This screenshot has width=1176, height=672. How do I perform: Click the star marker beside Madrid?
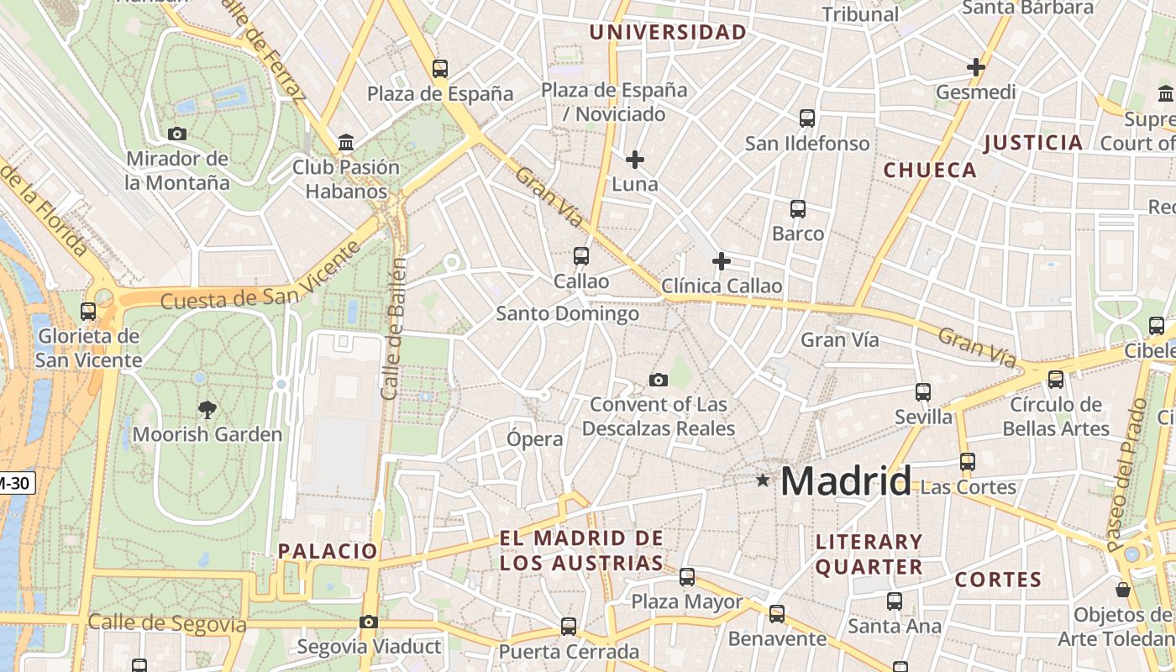[763, 480]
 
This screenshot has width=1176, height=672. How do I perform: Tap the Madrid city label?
[845, 481]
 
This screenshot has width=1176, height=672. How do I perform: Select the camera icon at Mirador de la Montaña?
[177, 134]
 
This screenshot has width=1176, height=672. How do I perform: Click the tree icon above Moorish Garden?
[207, 410]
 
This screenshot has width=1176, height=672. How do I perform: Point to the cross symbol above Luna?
[635, 159]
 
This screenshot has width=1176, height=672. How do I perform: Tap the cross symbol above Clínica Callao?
[721, 261]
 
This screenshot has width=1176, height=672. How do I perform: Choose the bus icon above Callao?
[580, 255]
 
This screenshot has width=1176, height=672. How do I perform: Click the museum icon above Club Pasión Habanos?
[345, 142]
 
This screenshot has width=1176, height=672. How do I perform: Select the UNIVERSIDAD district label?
[668, 33]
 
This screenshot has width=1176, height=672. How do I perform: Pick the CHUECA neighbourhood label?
[930, 171]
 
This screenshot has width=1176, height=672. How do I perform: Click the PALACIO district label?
[328, 551]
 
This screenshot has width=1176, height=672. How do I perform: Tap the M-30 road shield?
[15, 484]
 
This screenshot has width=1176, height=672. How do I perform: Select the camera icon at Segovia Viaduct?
[368, 622]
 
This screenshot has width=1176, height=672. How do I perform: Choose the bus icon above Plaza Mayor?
[687, 577]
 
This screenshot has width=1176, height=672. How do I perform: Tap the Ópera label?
[535, 438]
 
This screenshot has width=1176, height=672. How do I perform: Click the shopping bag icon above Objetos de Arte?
[1122, 590]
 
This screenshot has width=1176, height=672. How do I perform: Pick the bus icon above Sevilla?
[923, 391]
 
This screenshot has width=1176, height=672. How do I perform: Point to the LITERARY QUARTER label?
[869, 554]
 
